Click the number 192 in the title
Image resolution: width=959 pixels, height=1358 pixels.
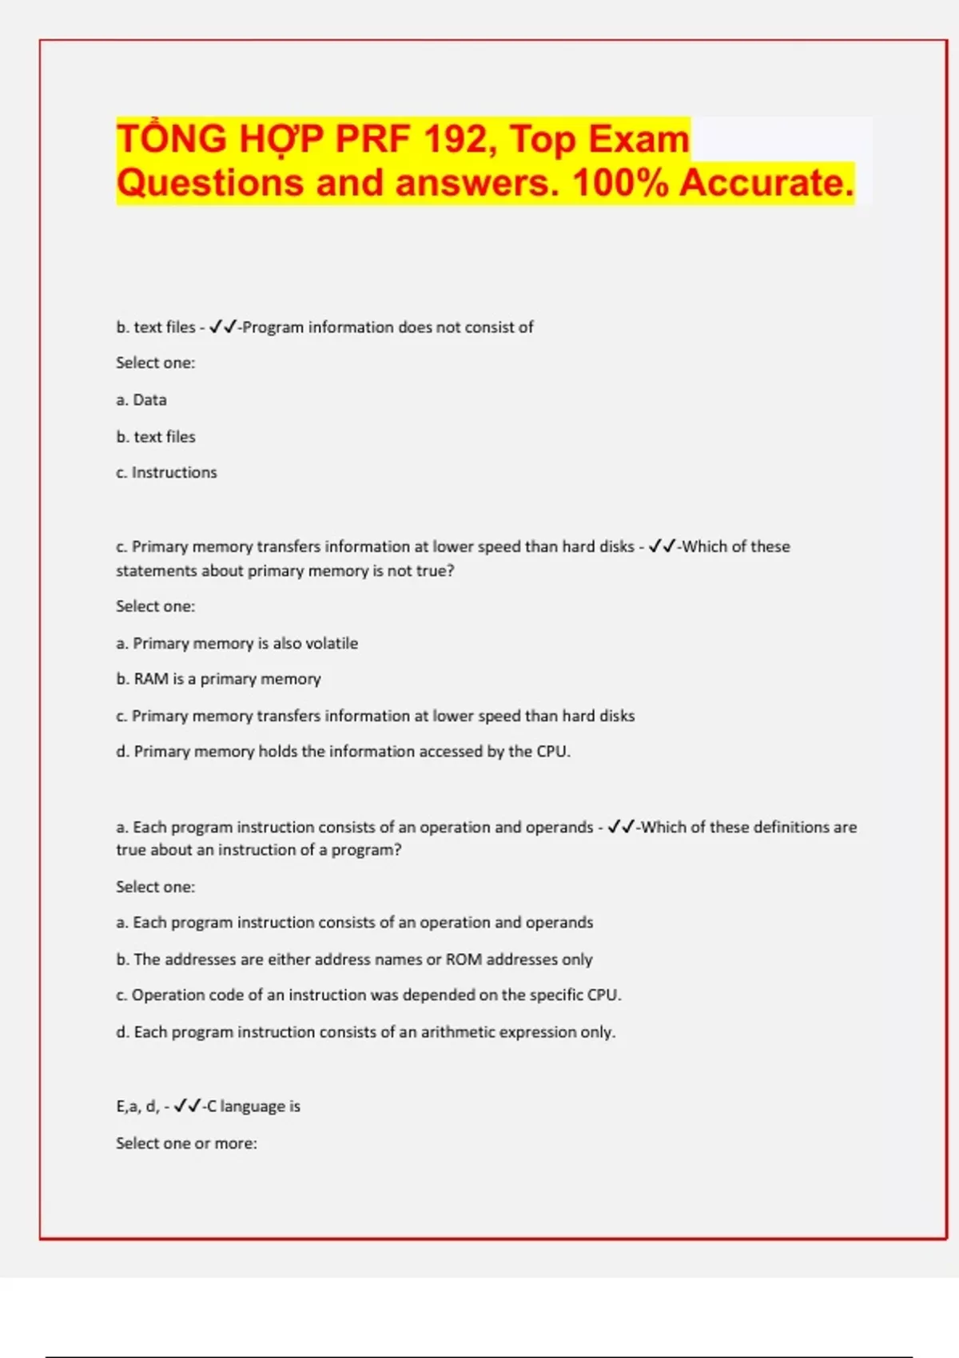456,139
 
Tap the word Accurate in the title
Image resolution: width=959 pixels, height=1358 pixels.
766,182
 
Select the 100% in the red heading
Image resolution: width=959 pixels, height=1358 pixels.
620,182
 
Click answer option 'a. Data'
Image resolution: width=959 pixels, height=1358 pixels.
141,399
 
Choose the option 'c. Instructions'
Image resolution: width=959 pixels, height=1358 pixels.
166,472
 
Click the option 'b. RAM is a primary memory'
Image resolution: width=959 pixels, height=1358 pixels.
218,679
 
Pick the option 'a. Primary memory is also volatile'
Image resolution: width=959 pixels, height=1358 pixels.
237,643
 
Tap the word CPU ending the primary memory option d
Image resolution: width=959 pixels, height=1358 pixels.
552,751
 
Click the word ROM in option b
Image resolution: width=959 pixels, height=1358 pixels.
464,959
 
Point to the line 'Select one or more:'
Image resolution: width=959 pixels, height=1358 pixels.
186,1143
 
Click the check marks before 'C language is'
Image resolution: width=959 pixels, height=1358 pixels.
188,1106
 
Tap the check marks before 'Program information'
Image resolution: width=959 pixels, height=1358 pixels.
223,327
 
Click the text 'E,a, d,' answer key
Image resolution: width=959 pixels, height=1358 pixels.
137,1106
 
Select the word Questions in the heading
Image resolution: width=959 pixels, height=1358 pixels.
210,182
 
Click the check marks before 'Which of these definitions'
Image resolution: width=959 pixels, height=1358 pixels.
621,827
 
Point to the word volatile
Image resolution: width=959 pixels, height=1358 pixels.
332,643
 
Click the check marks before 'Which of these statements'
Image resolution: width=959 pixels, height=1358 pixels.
663,546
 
